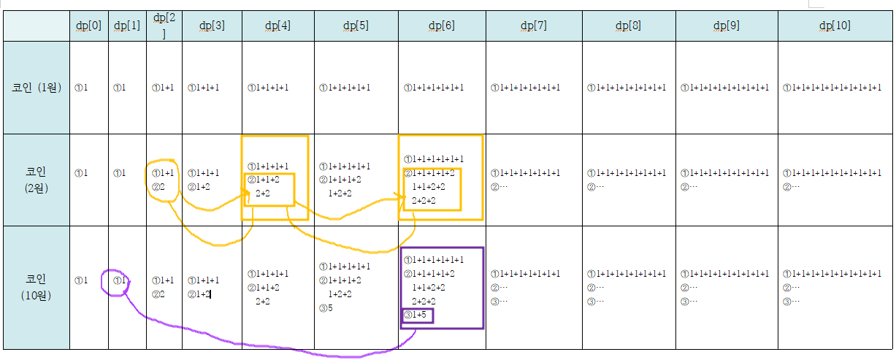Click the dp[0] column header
point(89,26)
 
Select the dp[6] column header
point(441,26)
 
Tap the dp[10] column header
point(835,26)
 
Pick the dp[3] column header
point(212,26)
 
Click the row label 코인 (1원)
point(36,88)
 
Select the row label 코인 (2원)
point(36,180)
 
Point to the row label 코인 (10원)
point(36,287)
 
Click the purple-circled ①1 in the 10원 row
point(120,280)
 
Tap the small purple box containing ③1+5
point(417,315)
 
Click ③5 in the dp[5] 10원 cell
point(326,307)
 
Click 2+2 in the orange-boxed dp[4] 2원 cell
point(263,194)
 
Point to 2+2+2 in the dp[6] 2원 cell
point(424,200)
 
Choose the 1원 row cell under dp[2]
point(164,88)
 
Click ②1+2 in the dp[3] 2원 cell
point(199,187)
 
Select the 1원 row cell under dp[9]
point(725,88)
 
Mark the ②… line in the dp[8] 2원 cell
point(595,187)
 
